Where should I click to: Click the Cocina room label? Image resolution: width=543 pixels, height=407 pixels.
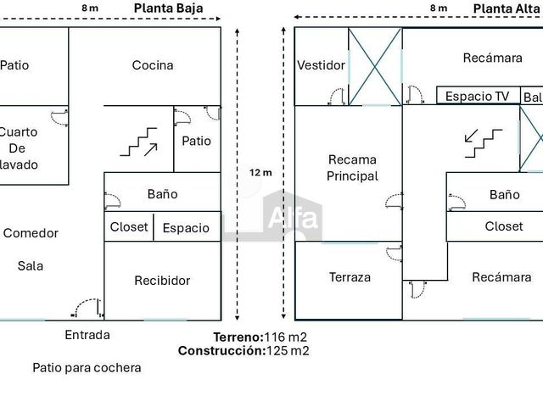pyautogui.click(x=153, y=65)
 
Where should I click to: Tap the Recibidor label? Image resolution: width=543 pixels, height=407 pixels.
pyautogui.click(x=162, y=281)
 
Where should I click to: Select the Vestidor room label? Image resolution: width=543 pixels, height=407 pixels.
pyautogui.click(x=321, y=65)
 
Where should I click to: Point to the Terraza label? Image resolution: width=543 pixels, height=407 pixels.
pyautogui.click(x=350, y=277)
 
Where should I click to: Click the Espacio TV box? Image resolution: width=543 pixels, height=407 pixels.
pyautogui.click(x=479, y=95)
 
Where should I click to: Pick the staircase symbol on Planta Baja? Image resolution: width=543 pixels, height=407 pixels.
pyautogui.click(x=139, y=142)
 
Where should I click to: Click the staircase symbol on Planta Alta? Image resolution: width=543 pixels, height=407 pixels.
pyautogui.click(x=483, y=143)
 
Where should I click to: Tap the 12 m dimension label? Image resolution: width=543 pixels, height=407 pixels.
pyautogui.click(x=260, y=172)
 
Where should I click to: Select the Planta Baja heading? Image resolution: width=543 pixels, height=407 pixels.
pyautogui.click(x=168, y=8)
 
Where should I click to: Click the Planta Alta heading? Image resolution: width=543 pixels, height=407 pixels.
pyautogui.click(x=507, y=8)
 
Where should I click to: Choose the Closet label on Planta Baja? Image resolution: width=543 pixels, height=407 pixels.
pyautogui.click(x=129, y=227)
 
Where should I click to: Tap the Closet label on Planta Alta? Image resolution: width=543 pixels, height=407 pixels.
pyautogui.click(x=504, y=226)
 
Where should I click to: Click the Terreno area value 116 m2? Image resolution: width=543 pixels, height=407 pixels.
pyautogui.click(x=285, y=337)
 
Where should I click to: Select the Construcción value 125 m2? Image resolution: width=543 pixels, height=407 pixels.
pyautogui.click(x=288, y=350)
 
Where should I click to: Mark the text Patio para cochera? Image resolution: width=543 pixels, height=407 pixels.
pyautogui.click(x=87, y=367)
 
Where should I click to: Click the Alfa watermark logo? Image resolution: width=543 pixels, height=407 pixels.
pyautogui.click(x=293, y=216)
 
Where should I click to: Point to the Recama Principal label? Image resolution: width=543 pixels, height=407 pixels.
pyautogui.click(x=352, y=168)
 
